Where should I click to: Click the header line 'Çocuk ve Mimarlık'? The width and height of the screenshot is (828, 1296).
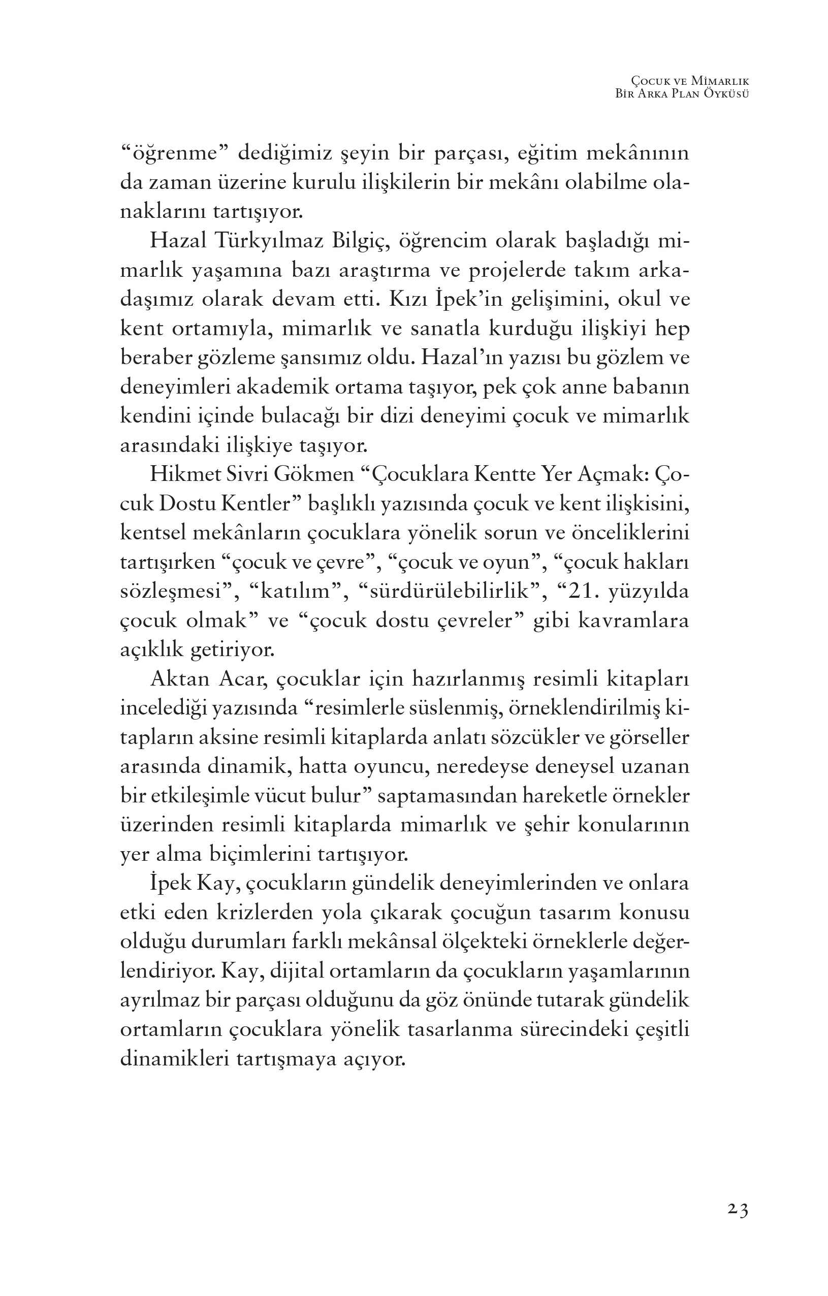point(691,81)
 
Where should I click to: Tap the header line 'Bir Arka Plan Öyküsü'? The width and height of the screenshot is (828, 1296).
point(683,93)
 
